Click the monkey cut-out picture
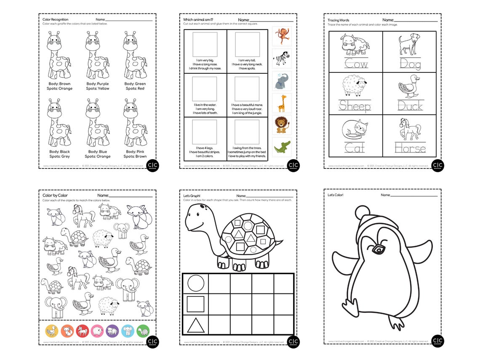tap(281, 36)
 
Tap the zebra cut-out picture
tap(281, 58)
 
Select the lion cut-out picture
tap(281, 125)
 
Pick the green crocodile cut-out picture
tap(281, 147)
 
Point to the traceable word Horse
tap(410, 148)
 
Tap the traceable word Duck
tap(410, 106)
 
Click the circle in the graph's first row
tap(195, 283)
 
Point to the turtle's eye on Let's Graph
tap(203, 207)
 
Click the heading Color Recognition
tap(55, 19)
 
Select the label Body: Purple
tap(97, 84)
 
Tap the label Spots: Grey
tap(60, 157)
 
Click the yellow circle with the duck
tap(51, 331)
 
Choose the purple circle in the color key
tap(112, 331)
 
